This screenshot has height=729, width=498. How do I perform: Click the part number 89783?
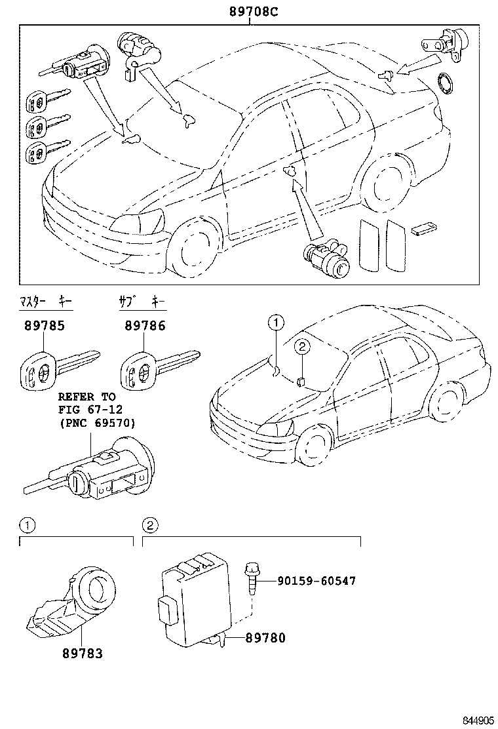[x=83, y=654]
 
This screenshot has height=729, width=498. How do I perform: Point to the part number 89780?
[x=265, y=637]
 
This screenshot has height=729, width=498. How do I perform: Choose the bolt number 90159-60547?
[x=317, y=581]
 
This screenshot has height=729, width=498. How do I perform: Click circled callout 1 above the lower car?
[x=276, y=322]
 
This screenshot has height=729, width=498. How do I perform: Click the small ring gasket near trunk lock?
[x=446, y=84]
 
